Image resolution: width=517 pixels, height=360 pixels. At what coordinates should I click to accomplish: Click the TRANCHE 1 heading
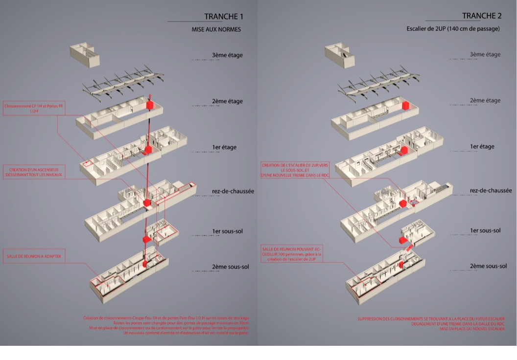224,17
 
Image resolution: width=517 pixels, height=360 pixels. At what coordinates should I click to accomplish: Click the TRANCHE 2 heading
482,16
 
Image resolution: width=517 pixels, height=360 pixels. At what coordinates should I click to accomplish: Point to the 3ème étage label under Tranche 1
227,55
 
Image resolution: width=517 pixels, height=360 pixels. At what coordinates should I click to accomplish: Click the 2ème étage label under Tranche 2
485,100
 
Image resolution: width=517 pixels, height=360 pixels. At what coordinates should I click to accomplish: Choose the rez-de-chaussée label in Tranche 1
233,191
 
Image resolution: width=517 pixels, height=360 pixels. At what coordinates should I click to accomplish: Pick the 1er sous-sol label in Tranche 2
485,230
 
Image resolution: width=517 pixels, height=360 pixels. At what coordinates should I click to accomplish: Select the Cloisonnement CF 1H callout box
30,108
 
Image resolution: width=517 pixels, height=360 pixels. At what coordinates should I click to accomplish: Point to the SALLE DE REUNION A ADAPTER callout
34,256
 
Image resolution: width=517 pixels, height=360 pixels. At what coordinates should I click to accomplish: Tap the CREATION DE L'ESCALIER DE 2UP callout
291,170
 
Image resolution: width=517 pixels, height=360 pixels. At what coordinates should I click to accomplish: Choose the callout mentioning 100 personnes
292,254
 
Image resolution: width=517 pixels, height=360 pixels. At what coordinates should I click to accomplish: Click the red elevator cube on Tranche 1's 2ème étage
151,106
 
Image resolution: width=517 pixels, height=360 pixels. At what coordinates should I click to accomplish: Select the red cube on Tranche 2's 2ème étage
405,105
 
